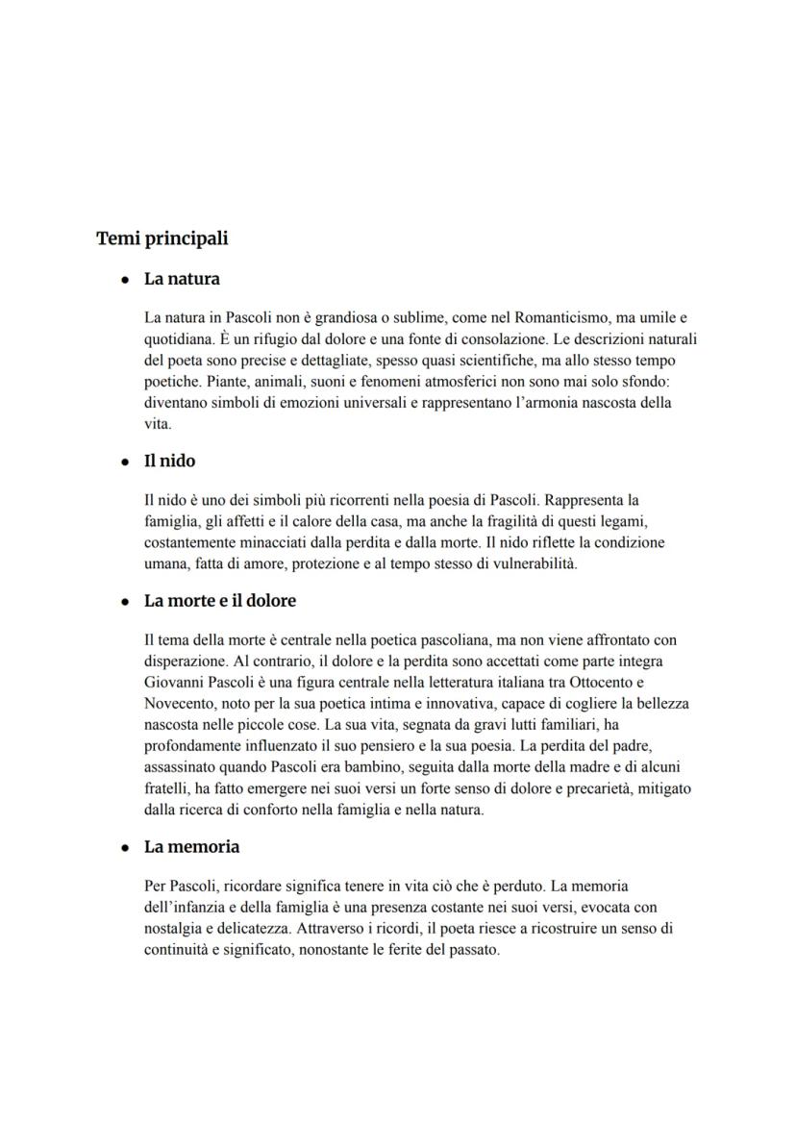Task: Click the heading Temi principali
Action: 162,238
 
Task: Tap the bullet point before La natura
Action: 125,280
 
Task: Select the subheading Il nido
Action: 169,462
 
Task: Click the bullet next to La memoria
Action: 125,848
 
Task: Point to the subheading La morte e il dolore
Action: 220,601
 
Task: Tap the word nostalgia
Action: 173,928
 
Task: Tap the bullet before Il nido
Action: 125,462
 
